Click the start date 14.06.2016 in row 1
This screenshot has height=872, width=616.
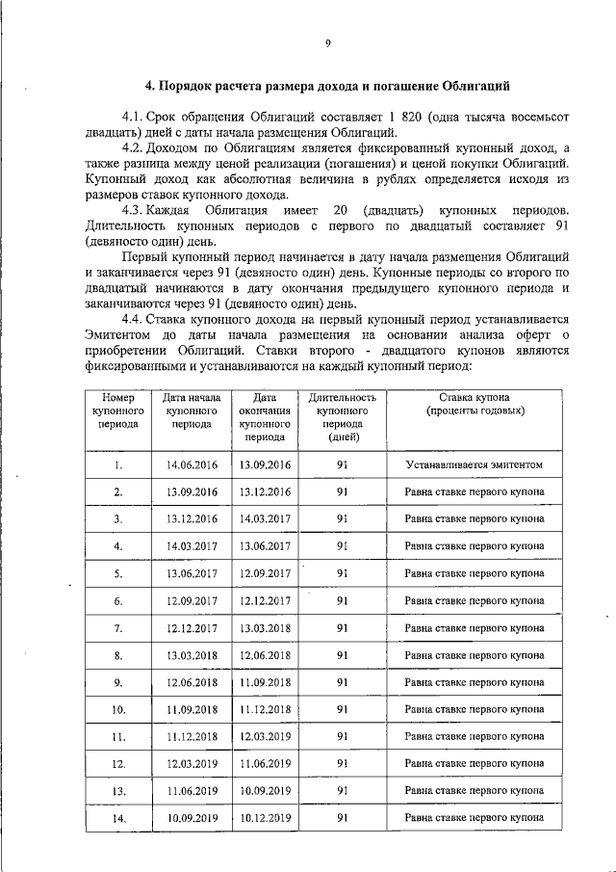point(192,464)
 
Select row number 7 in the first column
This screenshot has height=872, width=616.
point(117,628)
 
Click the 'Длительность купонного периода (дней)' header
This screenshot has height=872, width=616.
point(342,416)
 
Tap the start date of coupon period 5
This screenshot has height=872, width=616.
point(192,573)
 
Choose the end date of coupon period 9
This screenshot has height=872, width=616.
point(265,682)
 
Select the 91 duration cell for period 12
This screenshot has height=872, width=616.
point(342,764)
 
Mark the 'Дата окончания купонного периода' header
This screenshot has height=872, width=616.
point(265,416)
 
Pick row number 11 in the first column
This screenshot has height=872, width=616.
point(117,737)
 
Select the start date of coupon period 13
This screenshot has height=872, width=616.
point(192,791)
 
